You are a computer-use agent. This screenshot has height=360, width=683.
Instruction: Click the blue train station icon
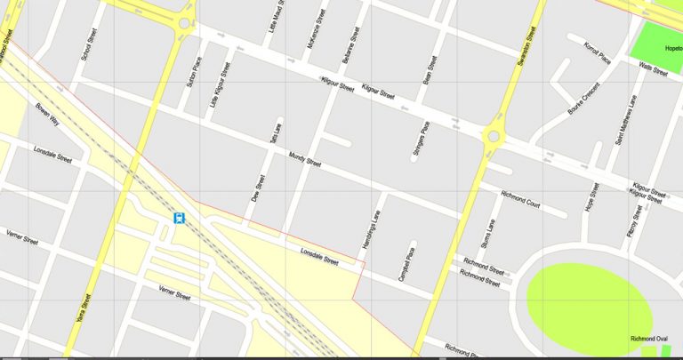(179, 218)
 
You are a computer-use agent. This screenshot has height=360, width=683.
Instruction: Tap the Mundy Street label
(305, 161)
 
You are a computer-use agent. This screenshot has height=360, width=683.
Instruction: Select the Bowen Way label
(47, 116)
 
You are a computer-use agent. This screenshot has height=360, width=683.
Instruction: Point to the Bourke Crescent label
(584, 99)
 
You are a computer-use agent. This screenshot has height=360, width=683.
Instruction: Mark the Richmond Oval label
(648, 339)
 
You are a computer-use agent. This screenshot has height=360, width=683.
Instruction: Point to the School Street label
(86, 44)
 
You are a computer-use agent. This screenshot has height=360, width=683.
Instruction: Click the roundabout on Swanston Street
(493, 136)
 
